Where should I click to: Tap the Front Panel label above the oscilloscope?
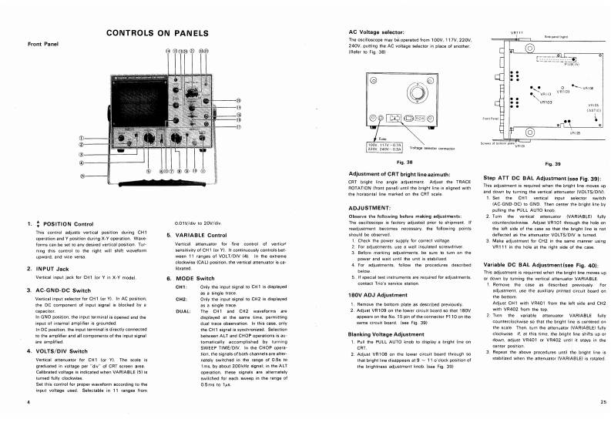click(x=42, y=44)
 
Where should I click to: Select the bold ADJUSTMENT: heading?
click(x=372, y=207)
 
